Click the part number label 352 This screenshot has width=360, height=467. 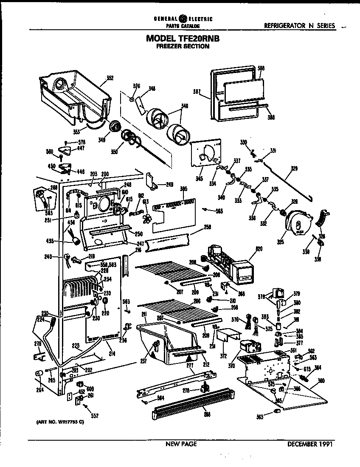point(110,78)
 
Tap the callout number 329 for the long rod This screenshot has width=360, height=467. point(294,169)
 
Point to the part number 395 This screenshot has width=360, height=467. point(183,188)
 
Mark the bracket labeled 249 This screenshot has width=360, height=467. point(152,180)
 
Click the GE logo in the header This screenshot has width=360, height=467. point(183,19)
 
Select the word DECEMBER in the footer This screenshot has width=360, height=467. point(302,444)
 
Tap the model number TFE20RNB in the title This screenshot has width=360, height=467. point(200,38)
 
